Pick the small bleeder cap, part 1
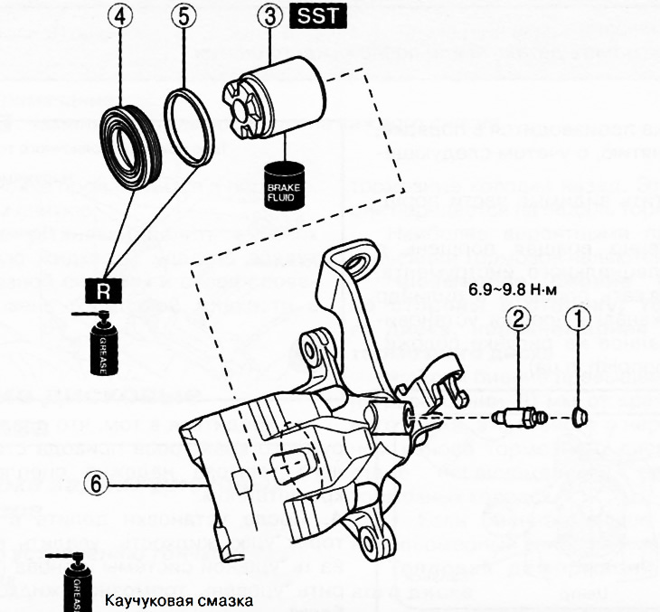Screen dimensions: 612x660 (x=580, y=416)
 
